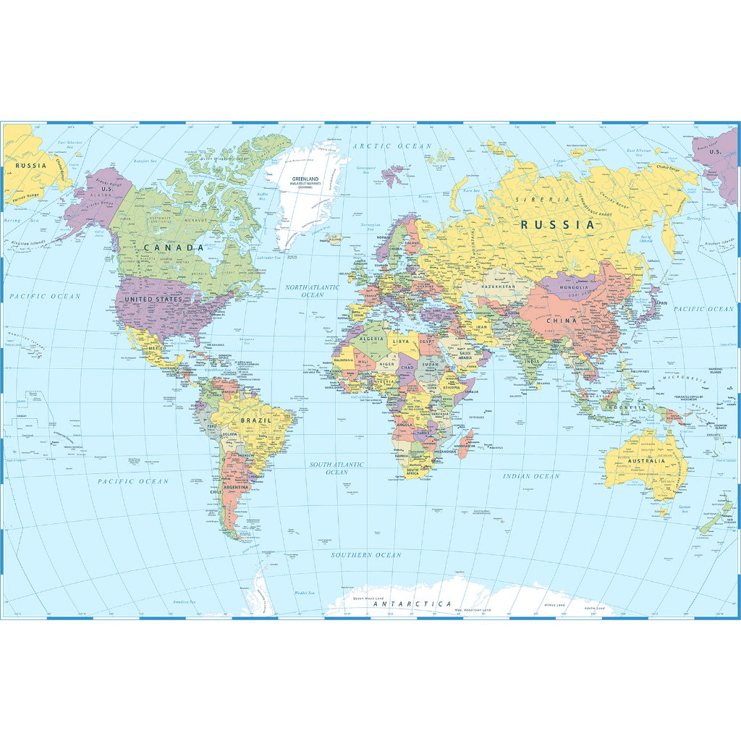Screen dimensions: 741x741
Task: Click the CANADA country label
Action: tap(174, 247)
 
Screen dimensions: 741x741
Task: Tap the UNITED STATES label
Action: tap(153, 299)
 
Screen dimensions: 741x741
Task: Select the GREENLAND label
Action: tap(305, 179)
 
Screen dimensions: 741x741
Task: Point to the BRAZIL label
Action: tap(256, 420)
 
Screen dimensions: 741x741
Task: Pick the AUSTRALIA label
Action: tap(645, 461)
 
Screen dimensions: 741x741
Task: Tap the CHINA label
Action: tap(562, 321)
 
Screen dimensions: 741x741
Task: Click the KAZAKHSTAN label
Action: tap(499, 287)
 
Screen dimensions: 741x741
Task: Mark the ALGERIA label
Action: tap(372, 338)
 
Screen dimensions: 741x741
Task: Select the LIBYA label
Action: tap(401, 340)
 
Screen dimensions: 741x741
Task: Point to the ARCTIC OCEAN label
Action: tap(391, 146)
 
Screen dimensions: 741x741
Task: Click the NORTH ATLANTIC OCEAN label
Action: tap(313, 291)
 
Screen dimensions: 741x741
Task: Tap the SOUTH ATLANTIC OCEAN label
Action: tap(337, 468)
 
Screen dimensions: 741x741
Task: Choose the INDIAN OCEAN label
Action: tap(532, 476)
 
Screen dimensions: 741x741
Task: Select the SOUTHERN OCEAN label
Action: tap(366, 555)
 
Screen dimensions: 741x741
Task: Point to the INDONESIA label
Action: tap(626, 407)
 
